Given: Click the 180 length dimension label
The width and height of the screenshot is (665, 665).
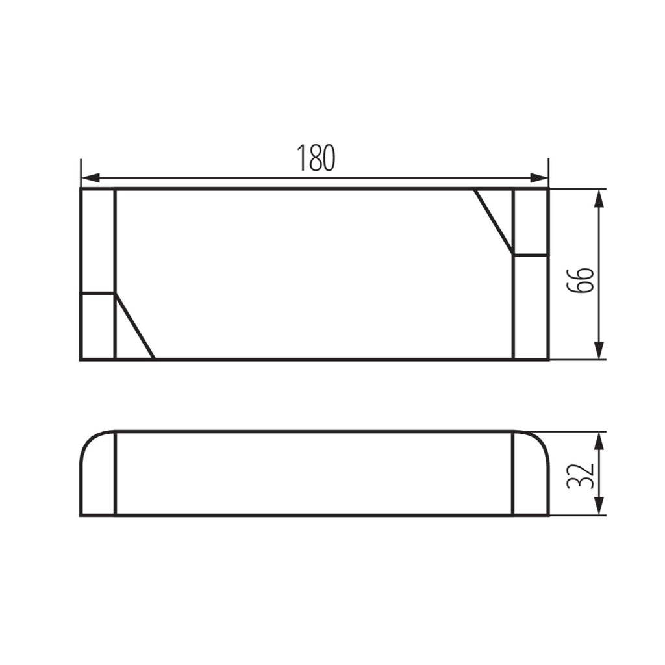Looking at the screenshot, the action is coord(316,157).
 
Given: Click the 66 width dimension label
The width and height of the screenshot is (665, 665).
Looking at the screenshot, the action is coord(580,280).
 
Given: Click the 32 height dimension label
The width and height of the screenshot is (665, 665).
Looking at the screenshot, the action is coord(580,476).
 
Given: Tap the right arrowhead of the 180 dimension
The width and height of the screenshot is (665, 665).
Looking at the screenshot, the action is coord(539,178).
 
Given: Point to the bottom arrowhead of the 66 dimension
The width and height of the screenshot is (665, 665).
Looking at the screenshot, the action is coord(599,350).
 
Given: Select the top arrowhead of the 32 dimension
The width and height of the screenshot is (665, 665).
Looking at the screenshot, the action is coord(599,441).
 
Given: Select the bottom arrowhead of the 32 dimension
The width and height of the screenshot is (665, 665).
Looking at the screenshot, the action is coord(599,506).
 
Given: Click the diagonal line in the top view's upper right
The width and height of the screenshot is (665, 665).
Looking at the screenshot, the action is coord(494,222).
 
